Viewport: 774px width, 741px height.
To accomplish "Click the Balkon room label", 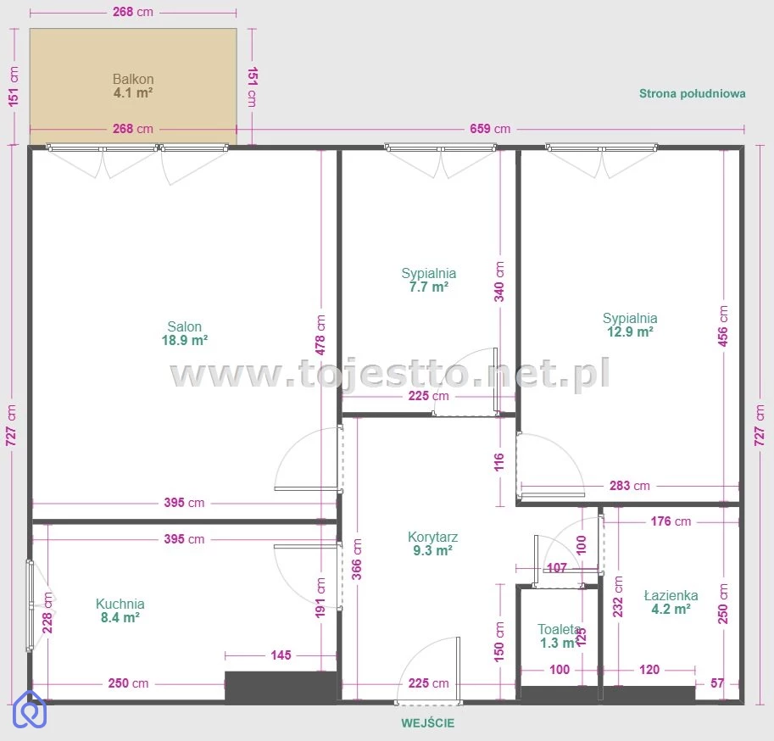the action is pos(133,86).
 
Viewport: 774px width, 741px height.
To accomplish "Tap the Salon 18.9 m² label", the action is pos(185,333).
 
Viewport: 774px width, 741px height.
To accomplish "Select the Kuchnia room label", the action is pos(120,610).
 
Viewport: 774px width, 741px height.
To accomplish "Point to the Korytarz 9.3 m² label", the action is pos(432,543).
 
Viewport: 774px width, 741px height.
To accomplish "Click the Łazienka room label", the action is pos(671,602).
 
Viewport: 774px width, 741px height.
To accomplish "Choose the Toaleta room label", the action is pos(559,637).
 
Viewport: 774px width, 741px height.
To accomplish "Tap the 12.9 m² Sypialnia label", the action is pos(630,325).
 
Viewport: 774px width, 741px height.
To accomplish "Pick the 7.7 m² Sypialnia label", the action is pos(428,280).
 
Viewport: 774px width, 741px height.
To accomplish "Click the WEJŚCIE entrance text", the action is pos(427,723).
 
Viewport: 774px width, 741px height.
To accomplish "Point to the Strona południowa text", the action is pos(692,94).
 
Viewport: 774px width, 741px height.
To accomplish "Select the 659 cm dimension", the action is pos(490,129).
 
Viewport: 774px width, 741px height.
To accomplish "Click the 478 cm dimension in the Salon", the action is pos(320,335).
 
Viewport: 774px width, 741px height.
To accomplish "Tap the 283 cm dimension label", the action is pos(629,486).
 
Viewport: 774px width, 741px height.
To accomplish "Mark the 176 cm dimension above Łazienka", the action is pos(671,521).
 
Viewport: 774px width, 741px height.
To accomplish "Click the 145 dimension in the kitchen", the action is pos(281,655).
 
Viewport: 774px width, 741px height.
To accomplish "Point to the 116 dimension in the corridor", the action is pos(499,462).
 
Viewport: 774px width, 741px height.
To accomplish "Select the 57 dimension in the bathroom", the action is pos(717,683).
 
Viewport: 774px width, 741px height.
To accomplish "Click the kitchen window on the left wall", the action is pos(31,605).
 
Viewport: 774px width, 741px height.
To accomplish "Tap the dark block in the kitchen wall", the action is pos(281,685).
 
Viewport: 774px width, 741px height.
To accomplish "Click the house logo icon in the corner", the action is pos(30,710).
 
